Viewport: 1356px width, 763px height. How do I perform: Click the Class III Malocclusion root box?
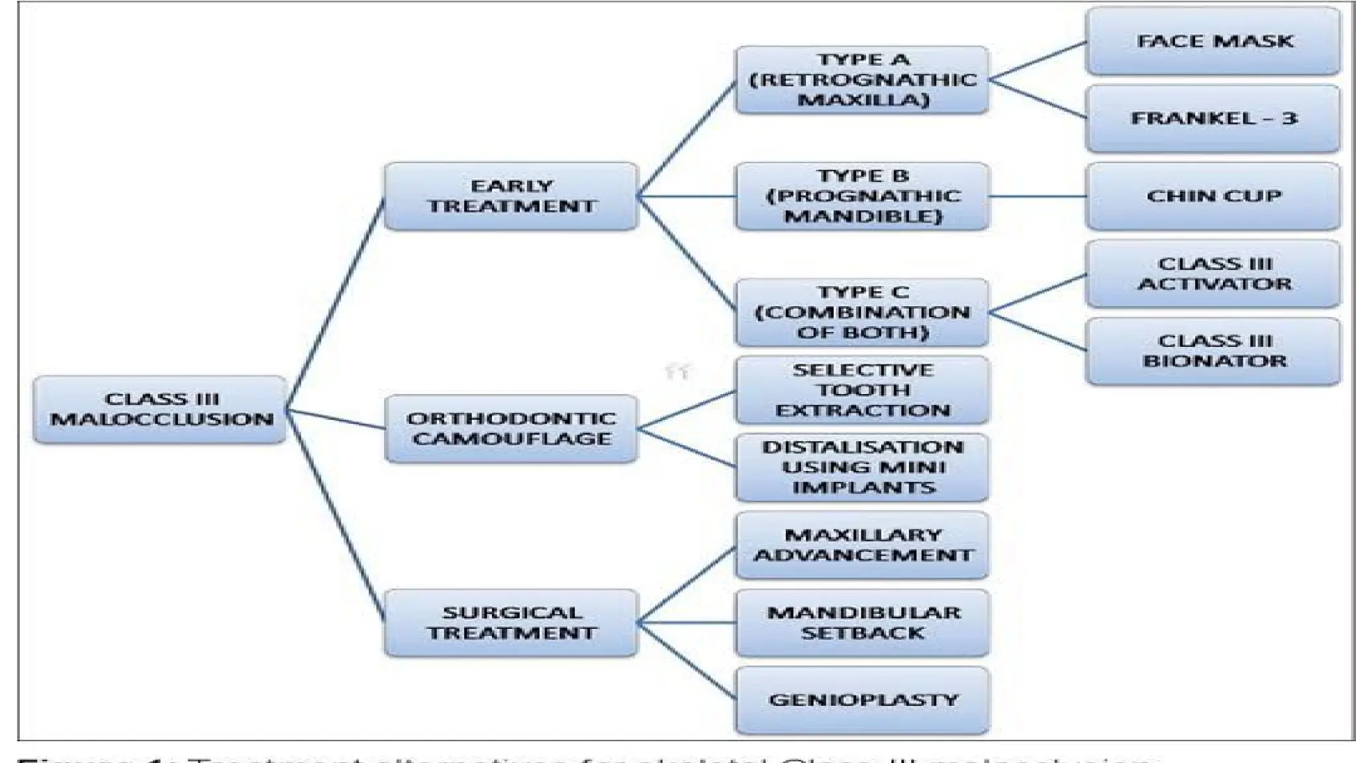pyautogui.click(x=160, y=409)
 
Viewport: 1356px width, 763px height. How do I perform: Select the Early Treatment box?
pyautogui.click(x=510, y=196)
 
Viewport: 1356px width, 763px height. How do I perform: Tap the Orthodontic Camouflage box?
pyautogui.click(x=510, y=429)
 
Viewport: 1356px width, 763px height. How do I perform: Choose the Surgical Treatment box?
pyautogui.click(x=510, y=623)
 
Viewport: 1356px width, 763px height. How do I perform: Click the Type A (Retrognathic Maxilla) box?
pyautogui.click(x=862, y=80)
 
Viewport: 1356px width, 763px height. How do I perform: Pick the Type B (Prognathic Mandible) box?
pyautogui.click(x=862, y=196)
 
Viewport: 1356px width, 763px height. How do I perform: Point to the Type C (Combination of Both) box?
pyautogui.click(x=862, y=313)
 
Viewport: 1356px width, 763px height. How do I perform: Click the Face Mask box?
pyautogui.click(x=1213, y=41)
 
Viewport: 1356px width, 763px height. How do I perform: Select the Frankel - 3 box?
pyautogui.click(x=1213, y=119)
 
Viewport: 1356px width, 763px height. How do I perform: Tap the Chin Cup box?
pyautogui.click(x=1213, y=196)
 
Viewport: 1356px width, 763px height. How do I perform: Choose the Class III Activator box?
pyautogui.click(x=1213, y=274)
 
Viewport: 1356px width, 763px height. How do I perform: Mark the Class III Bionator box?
pyautogui.click(x=1213, y=351)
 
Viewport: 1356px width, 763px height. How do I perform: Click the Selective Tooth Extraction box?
pyautogui.click(x=862, y=390)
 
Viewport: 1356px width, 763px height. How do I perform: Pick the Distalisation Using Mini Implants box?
pyautogui.click(x=862, y=468)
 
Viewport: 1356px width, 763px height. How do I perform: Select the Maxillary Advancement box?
pyautogui.click(x=862, y=545)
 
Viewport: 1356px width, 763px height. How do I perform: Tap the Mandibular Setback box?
pyautogui.click(x=862, y=623)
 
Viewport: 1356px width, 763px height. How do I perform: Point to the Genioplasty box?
pyautogui.click(x=862, y=700)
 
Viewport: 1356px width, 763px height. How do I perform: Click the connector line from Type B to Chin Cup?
pyautogui.click(x=1037, y=196)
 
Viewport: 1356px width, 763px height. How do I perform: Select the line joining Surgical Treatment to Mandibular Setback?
pyautogui.click(x=686, y=623)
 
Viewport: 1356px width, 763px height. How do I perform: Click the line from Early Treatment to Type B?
pyautogui.click(x=686, y=196)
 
